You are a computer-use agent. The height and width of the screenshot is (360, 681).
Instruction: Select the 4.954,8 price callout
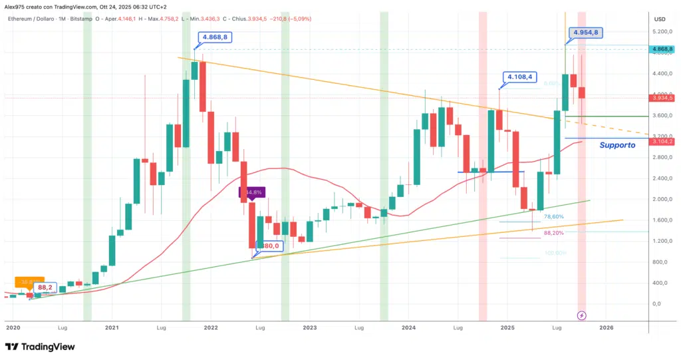pyautogui.click(x=585, y=32)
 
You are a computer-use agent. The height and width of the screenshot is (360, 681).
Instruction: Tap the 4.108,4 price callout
pyautogui.click(x=519, y=77)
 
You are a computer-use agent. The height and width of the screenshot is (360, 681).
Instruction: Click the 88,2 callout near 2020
pyautogui.click(x=45, y=287)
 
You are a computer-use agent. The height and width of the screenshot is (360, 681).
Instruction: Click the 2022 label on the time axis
pyautogui.click(x=211, y=327)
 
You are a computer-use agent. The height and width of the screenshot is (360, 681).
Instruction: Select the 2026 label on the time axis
pyautogui.click(x=605, y=327)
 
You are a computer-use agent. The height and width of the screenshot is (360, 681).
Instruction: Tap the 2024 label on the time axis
pyautogui.click(x=408, y=327)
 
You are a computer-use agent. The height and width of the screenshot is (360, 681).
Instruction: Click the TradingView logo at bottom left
pyautogui.click(x=40, y=347)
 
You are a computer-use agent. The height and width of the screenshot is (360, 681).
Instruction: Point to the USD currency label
pyautogui.click(x=660, y=19)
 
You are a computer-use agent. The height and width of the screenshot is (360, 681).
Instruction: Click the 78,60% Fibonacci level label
pyautogui.click(x=554, y=217)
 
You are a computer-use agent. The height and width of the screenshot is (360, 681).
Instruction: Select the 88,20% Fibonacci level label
pyautogui.click(x=554, y=233)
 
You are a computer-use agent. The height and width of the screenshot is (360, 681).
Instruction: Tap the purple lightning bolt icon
pyautogui.click(x=582, y=315)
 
